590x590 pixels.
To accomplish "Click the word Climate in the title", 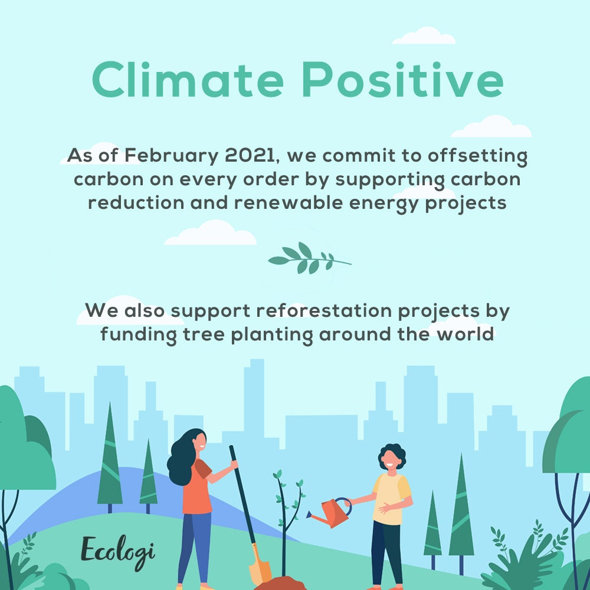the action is pos(188,80).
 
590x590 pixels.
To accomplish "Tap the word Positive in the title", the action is pos(402,80).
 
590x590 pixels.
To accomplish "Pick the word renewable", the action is pos(289,203).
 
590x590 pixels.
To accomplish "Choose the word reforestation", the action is pos(324,311).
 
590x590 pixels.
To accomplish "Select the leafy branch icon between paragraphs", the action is pos(309,258).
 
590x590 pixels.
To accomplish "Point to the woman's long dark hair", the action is pos(183,458).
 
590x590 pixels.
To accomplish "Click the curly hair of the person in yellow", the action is pos(392,455).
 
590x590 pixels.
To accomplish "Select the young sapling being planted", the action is pos(288,523).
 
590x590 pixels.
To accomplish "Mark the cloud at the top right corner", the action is pos(424,36).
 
